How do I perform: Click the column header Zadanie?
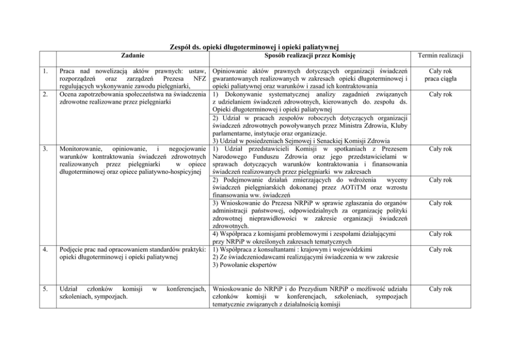pos(133,55)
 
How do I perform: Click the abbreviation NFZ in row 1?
pos(199,78)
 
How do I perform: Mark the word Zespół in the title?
pos(180,47)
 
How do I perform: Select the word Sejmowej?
pos(288,141)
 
